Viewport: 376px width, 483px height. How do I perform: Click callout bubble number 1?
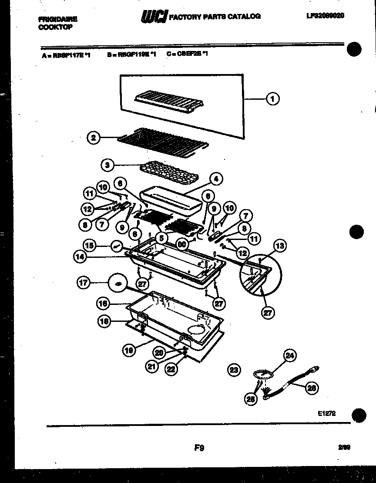coord(273,99)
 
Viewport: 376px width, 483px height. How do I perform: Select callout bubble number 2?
coord(93,138)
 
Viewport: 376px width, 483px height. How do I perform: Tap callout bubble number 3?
coord(107,165)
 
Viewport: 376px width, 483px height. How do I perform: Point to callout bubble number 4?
coord(215,179)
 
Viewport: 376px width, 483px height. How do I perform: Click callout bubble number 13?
coord(280,246)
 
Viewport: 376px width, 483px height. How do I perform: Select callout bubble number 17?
coord(84,283)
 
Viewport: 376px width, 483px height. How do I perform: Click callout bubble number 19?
coord(129,350)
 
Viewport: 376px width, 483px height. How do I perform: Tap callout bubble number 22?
coord(171,368)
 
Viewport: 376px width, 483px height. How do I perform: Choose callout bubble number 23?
coord(234,370)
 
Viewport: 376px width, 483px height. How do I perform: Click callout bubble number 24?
coord(290,356)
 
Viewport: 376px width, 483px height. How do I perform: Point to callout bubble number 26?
coord(312,388)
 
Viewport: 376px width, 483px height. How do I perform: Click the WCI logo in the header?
coord(154,17)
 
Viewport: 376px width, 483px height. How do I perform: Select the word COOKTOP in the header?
coord(55,27)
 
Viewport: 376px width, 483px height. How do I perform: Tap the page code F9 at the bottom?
coord(199,447)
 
